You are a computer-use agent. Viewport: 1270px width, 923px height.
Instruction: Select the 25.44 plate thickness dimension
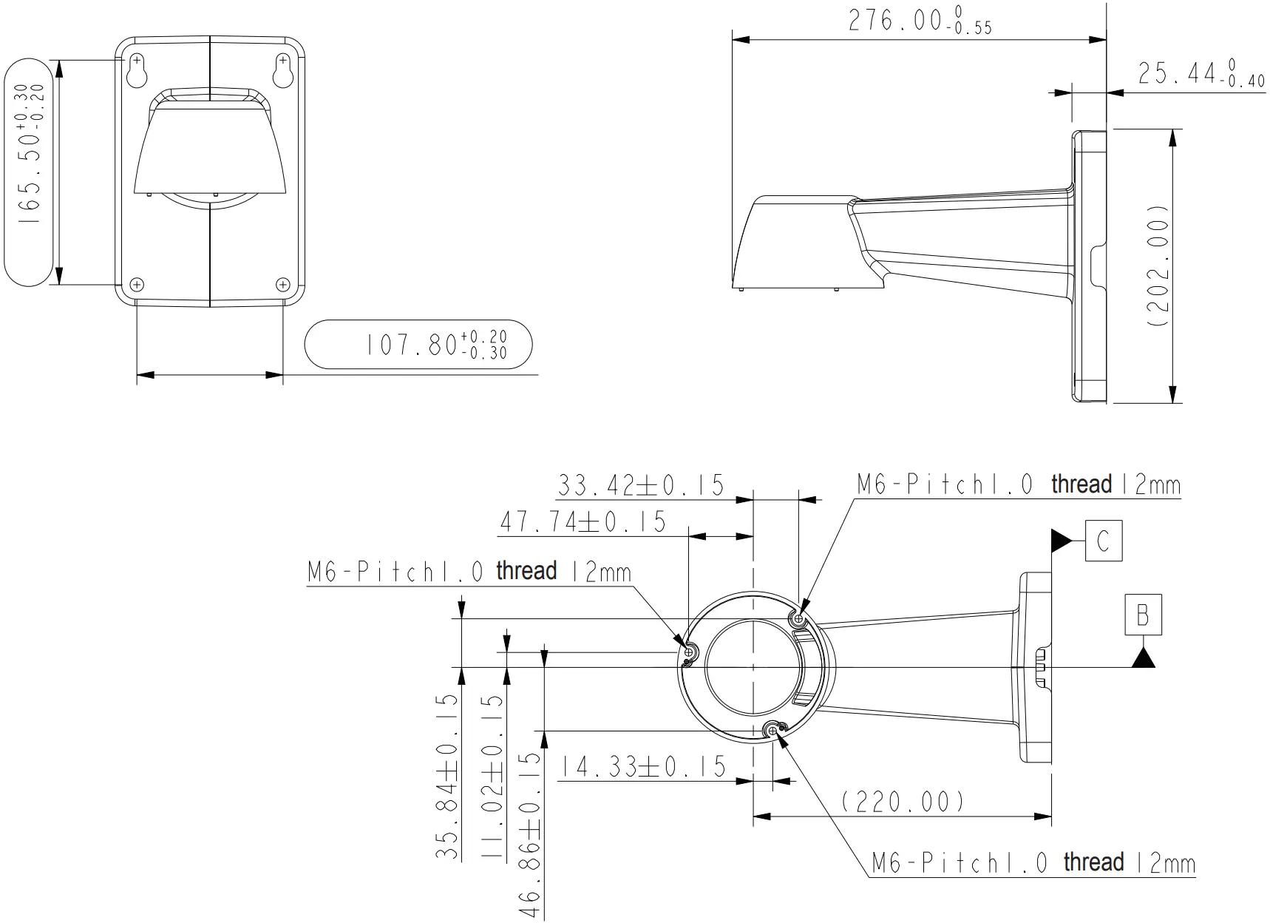tap(1201, 74)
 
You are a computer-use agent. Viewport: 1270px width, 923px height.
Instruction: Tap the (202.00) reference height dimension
tap(1159, 272)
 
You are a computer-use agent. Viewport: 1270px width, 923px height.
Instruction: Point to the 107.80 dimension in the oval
tap(436, 345)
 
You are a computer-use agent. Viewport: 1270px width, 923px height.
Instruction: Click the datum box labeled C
tap(1103, 541)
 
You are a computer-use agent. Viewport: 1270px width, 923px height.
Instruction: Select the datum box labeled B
tap(1143, 615)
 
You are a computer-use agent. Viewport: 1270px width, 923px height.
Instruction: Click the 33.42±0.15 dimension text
tap(640, 486)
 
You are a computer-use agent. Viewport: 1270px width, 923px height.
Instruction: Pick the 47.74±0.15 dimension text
tap(583, 522)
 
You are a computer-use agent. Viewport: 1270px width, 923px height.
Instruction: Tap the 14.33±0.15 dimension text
tap(641, 767)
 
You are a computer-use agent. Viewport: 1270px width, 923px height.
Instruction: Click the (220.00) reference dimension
tap(903, 801)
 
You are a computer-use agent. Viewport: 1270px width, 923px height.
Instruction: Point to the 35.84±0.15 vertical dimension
tap(447, 777)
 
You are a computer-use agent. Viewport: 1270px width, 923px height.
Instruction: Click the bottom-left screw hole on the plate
tap(137, 284)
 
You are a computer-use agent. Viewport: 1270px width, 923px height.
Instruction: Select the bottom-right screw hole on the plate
tap(282, 284)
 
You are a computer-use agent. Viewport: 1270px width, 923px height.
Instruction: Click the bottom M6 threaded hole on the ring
tap(772, 731)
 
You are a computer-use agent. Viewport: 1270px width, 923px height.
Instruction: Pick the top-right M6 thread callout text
tap(1018, 485)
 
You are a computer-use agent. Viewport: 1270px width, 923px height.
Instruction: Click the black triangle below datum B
tap(1143, 657)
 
